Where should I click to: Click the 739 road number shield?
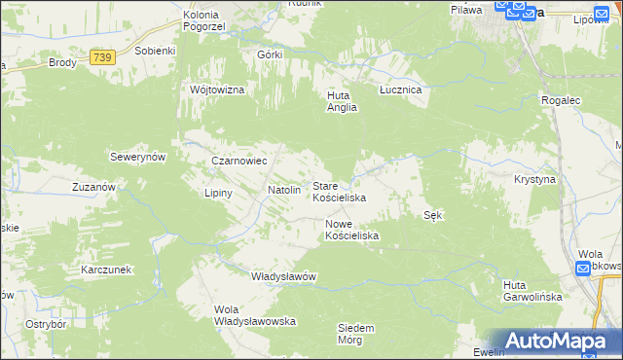tap(103, 59)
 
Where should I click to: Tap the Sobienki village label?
tap(155, 50)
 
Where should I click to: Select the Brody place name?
tap(63, 62)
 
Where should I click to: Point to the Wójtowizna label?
tap(216, 89)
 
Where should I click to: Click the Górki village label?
tap(270, 54)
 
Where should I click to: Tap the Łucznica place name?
tap(399, 89)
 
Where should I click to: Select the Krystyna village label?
tap(534, 180)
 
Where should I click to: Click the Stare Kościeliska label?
tap(338, 191)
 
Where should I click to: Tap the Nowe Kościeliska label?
tap(351, 230)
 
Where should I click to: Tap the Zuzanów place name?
tap(94, 186)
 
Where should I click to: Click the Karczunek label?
tap(107, 270)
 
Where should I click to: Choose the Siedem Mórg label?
tap(355, 334)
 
